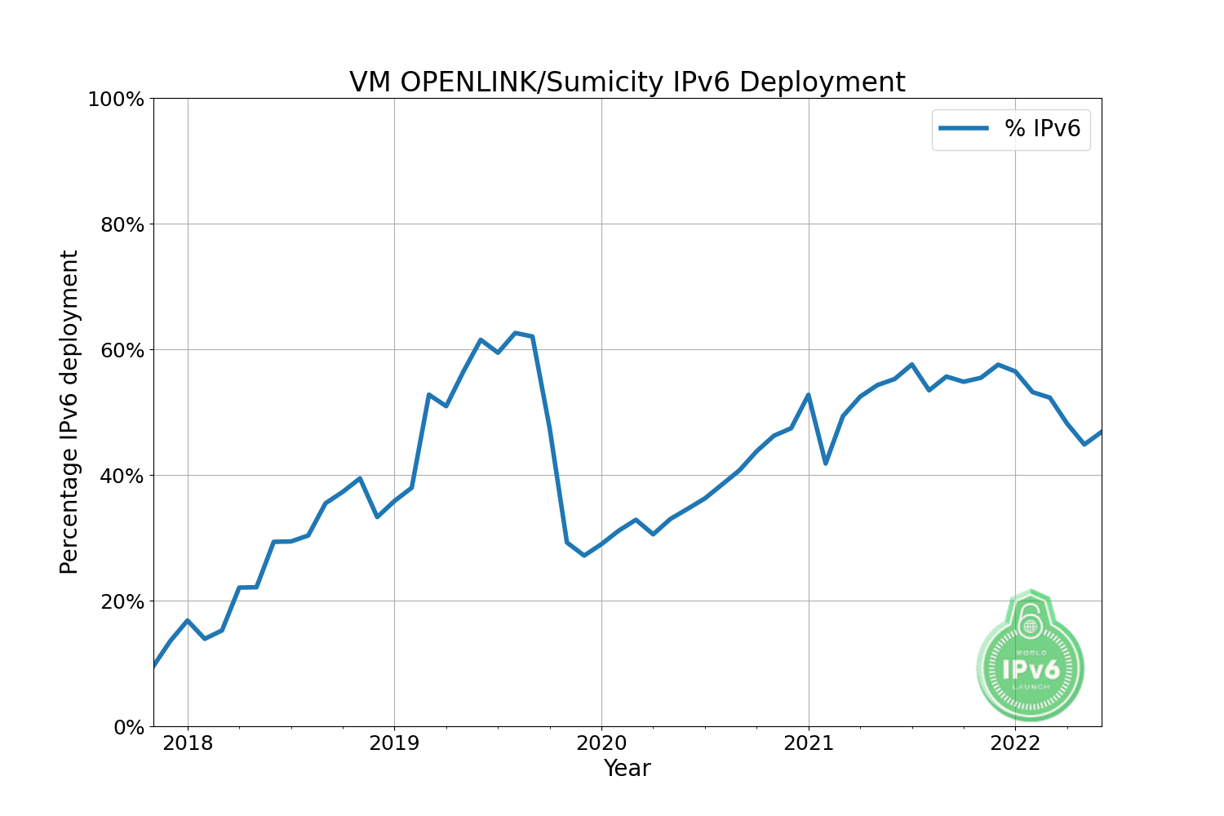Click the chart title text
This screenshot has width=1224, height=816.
(x=627, y=82)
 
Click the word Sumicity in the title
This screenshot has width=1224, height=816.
(x=594, y=82)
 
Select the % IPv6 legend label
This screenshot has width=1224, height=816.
(x=1042, y=129)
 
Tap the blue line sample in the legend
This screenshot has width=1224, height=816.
(x=964, y=129)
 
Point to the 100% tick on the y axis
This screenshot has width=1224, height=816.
(x=121, y=99)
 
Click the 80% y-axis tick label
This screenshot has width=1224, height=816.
(x=122, y=224)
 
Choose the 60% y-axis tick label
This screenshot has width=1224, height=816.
(x=122, y=350)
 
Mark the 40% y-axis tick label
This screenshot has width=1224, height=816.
(x=122, y=476)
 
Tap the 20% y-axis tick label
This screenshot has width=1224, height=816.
(x=122, y=601)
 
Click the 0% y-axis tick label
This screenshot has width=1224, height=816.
(x=129, y=727)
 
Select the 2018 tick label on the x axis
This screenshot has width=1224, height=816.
(x=188, y=743)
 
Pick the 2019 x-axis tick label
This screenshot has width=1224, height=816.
(x=394, y=743)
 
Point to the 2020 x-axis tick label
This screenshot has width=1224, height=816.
(x=601, y=743)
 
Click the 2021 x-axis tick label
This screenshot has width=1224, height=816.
(x=809, y=743)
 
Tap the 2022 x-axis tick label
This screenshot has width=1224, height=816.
(x=1015, y=743)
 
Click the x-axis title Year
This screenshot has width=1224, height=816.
(x=627, y=769)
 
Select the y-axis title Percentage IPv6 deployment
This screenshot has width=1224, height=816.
(x=69, y=412)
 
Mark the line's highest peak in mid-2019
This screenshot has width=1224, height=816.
(x=515, y=333)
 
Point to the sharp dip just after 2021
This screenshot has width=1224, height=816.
(x=826, y=463)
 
